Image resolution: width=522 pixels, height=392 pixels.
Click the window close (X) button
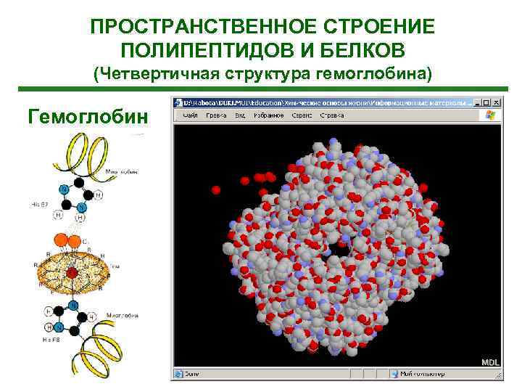pos(497,102)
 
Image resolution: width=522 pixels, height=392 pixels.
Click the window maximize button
pos(486,102)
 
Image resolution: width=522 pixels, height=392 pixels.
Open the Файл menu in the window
pos(191,115)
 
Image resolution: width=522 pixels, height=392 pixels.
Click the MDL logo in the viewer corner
pos(491,362)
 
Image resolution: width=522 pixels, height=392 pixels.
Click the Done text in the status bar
pos(191,375)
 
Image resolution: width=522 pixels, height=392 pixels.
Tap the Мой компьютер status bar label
pos(423,375)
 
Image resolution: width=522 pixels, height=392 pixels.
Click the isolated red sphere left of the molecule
pos(215,190)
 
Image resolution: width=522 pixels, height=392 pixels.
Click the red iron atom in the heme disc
pos(72,274)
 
